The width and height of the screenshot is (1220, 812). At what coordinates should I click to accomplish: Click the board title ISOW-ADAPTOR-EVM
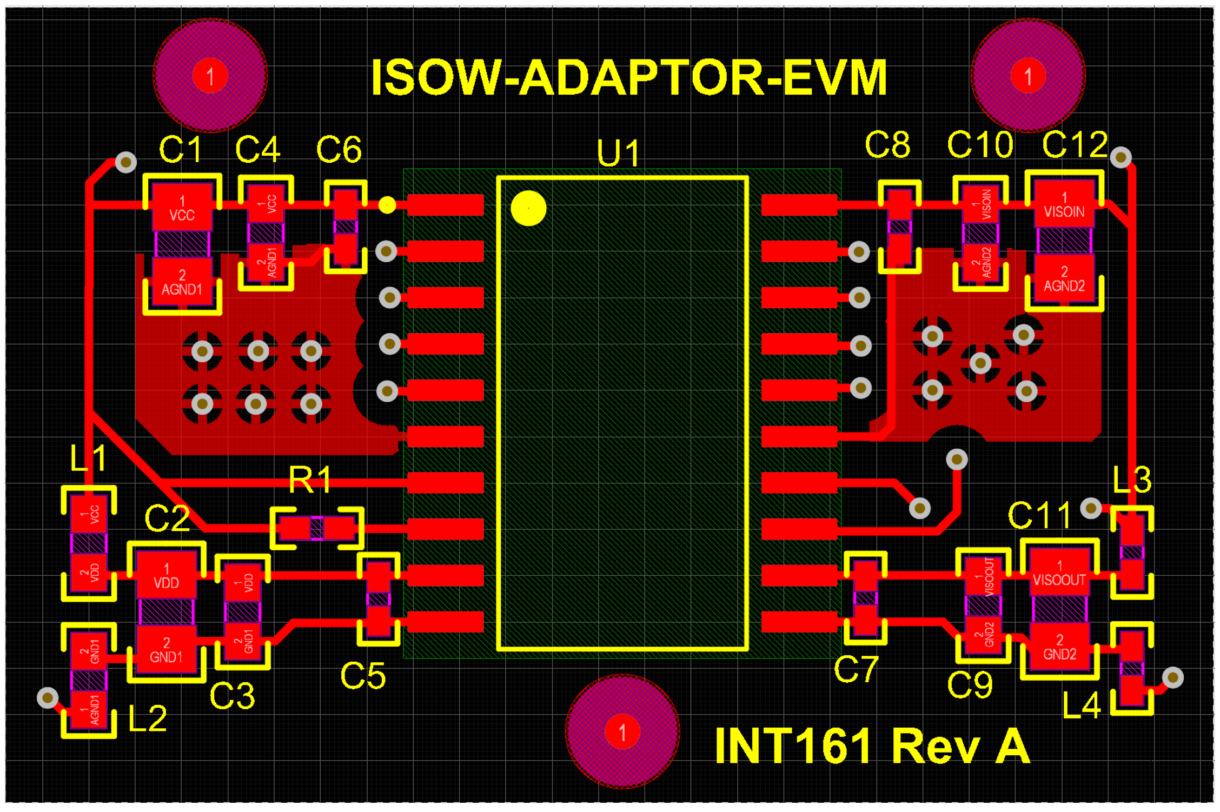tap(628, 78)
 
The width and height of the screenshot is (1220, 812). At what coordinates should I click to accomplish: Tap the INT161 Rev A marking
tap(872, 746)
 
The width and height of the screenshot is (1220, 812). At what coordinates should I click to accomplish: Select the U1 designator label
tap(619, 153)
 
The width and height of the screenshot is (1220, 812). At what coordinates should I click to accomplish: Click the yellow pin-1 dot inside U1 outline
tap(528, 208)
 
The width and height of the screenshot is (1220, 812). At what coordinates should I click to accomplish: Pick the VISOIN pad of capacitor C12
tap(1064, 204)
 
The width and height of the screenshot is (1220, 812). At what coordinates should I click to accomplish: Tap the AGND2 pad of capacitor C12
tap(1064, 279)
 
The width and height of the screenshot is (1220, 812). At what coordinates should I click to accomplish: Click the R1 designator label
tap(310, 479)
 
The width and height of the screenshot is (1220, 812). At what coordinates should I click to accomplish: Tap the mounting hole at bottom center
tap(622, 732)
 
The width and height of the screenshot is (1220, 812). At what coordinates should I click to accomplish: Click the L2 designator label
tap(147, 718)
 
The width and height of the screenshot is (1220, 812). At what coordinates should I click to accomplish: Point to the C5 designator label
tap(362, 676)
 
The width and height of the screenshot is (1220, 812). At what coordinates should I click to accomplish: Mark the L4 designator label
tap(1080, 705)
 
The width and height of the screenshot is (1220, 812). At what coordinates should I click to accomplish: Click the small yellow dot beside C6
tap(387, 205)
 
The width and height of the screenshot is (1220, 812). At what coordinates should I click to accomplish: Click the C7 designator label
tap(856, 669)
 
